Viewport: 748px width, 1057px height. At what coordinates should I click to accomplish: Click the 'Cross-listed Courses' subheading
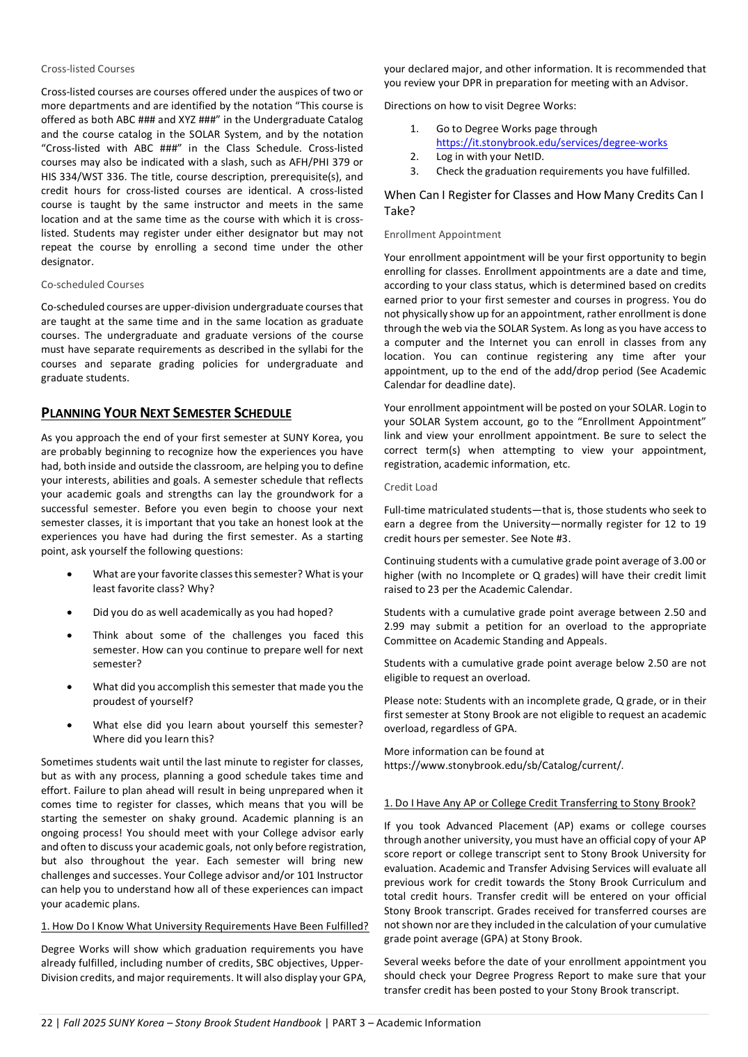click(88, 69)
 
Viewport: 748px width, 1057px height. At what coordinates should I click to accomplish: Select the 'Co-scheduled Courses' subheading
click(93, 285)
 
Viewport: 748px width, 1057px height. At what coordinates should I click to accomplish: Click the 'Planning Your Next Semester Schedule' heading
click(166, 413)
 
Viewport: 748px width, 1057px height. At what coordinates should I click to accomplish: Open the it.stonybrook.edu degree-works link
click(551, 143)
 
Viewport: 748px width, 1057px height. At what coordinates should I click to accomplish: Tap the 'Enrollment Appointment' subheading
click(442, 235)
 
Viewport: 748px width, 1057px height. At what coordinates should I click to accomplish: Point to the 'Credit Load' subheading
click(411, 487)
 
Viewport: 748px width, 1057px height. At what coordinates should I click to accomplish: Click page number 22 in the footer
click(47, 1023)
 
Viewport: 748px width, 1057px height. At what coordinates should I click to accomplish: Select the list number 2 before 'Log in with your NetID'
click(415, 157)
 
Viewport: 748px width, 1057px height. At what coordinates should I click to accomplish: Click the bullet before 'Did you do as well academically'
click(70, 613)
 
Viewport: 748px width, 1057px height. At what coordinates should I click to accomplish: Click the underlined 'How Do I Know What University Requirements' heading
click(205, 926)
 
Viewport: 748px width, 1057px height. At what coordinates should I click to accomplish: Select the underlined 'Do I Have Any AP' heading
click(539, 803)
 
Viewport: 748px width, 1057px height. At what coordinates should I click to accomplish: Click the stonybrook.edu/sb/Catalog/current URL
click(503, 765)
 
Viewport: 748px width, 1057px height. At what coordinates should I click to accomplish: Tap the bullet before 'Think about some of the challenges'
click(70, 636)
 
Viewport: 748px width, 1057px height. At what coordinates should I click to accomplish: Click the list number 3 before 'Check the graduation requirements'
click(415, 171)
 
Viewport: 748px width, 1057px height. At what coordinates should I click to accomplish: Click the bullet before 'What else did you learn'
click(70, 726)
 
